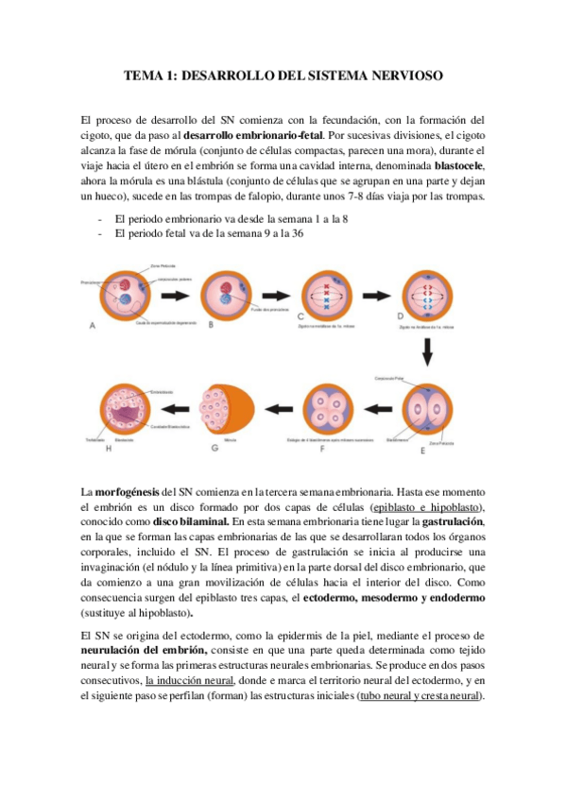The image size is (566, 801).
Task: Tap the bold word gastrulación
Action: (453, 522)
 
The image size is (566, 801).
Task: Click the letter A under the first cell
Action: (92, 326)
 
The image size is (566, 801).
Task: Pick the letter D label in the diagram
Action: (401, 315)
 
